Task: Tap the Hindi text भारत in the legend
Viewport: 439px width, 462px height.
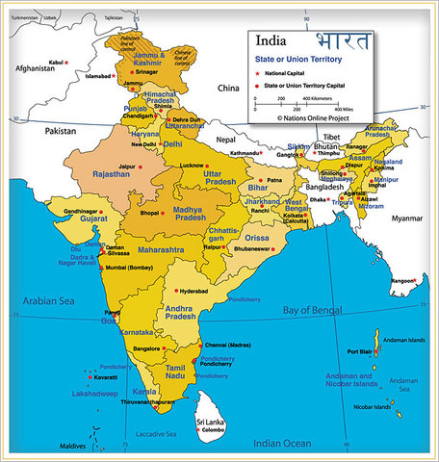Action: point(340,40)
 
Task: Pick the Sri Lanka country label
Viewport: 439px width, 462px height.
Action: point(212,423)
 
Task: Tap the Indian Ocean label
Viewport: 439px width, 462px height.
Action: point(282,443)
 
